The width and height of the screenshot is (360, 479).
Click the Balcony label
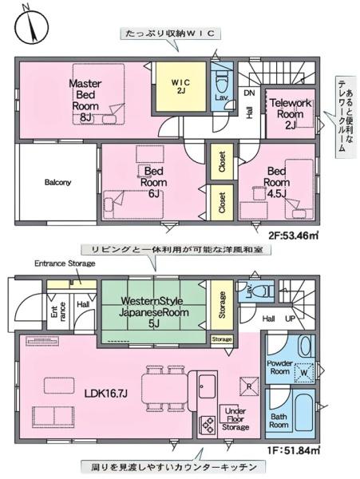(x=57, y=182)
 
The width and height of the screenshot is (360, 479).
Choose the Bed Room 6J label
(x=154, y=181)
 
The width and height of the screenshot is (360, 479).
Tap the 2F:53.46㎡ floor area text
(x=293, y=236)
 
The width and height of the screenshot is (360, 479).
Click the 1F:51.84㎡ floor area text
(x=294, y=451)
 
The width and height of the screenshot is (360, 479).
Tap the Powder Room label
(x=279, y=366)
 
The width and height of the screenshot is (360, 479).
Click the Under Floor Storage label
(x=235, y=421)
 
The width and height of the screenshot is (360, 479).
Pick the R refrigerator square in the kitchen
(x=249, y=385)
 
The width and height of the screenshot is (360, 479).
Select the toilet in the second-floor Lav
(x=223, y=81)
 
